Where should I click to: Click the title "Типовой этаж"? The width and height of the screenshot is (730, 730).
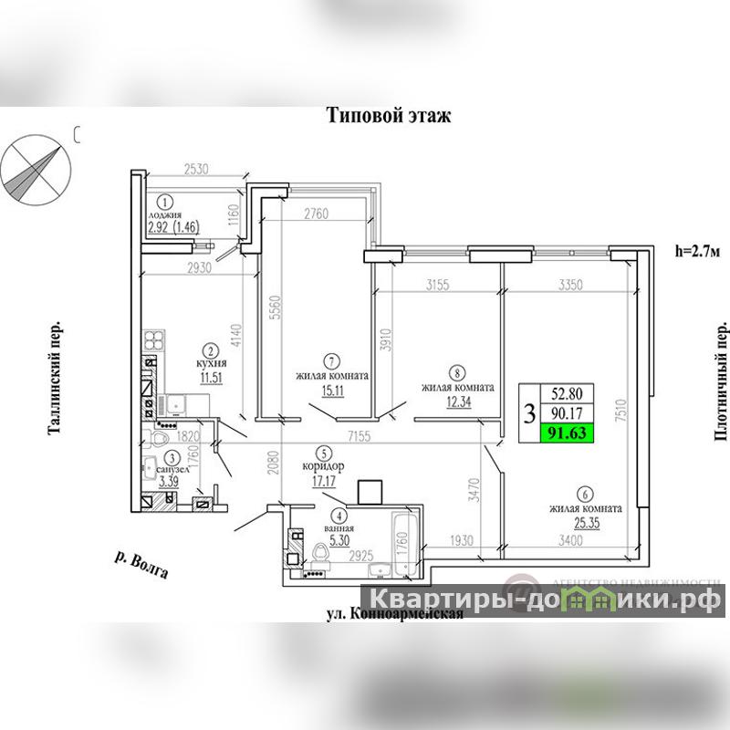(390, 116)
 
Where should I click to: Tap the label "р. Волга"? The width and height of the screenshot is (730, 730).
(141, 566)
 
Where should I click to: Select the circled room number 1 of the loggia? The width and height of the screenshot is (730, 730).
(165, 203)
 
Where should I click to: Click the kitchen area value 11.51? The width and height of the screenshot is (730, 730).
(211, 379)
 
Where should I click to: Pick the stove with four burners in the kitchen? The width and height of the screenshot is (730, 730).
(153, 345)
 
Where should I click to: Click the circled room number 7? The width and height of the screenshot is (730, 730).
(332, 360)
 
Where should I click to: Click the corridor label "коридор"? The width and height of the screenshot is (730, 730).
(324, 464)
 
